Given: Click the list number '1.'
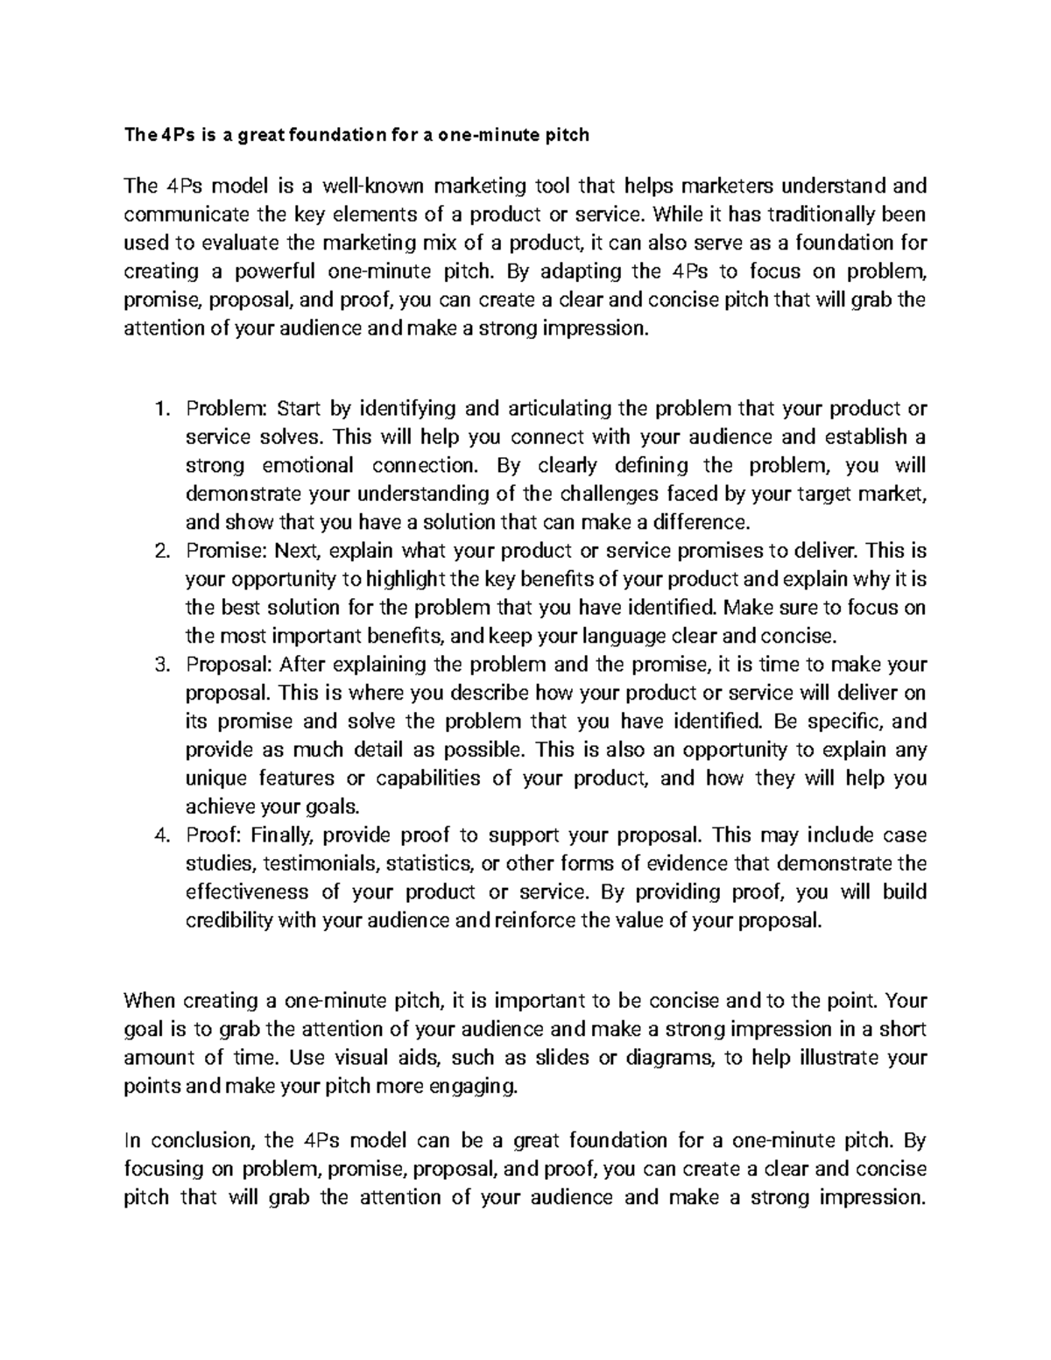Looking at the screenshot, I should tap(161, 409).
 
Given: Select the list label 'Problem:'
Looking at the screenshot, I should tap(226, 409).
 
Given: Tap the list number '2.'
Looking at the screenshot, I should tap(160, 552).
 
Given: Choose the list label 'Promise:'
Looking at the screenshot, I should tap(226, 552).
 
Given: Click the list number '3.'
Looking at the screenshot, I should tap(160, 665).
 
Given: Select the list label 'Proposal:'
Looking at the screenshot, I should tap(229, 665).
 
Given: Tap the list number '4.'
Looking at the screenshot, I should tap(160, 835).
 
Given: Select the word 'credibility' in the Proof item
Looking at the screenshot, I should tap(229, 920).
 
